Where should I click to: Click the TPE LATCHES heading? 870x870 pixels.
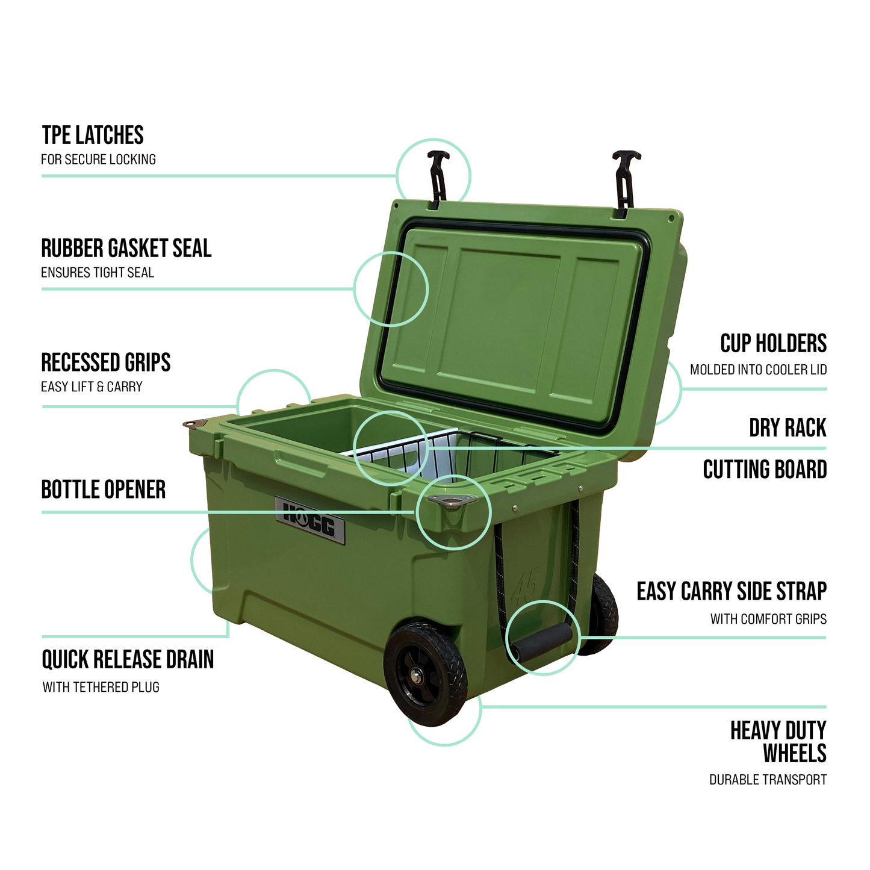[93, 135]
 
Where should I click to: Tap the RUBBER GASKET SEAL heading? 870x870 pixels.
[126, 249]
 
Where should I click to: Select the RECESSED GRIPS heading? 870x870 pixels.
[106, 362]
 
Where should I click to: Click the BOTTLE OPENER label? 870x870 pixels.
[104, 489]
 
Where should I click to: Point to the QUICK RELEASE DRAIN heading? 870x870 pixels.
[128, 659]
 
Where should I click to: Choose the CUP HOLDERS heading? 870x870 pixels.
[773, 344]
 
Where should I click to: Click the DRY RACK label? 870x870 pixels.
[788, 428]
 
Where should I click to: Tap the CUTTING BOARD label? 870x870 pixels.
[765, 470]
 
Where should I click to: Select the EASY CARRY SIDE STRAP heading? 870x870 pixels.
[732, 591]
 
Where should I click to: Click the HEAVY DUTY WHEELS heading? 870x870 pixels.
[778, 742]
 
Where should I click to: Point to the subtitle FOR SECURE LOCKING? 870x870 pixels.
[99, 160]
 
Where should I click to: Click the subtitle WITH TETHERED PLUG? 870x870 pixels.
[101, 687]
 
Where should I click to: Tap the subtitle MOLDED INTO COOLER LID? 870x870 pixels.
[758, 370]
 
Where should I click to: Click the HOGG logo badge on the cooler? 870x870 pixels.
[310, 520]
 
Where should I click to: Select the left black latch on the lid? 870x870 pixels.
[438, 178]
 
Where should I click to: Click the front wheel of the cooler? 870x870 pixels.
[426, 674]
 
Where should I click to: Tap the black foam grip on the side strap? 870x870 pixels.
[541, 643]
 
